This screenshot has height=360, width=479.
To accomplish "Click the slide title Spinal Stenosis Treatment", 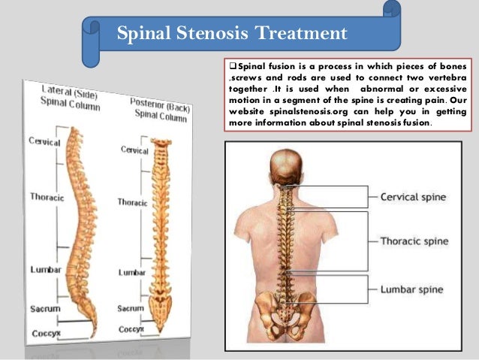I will coord(232,33).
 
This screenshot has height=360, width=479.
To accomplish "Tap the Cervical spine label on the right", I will coord(413,197).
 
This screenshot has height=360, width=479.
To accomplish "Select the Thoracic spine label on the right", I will coord(414,241).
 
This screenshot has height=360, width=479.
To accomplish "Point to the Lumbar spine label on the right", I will coord(411,289).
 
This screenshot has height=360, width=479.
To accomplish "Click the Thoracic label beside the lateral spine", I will coord(46,196).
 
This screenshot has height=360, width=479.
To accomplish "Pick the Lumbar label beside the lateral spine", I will coord(46,269).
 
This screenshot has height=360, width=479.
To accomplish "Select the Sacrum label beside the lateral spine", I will coord(44,308).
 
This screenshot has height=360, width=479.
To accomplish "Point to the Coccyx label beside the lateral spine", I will coord(46,332).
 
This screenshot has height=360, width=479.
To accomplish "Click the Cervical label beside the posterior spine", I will coord(135,150).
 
